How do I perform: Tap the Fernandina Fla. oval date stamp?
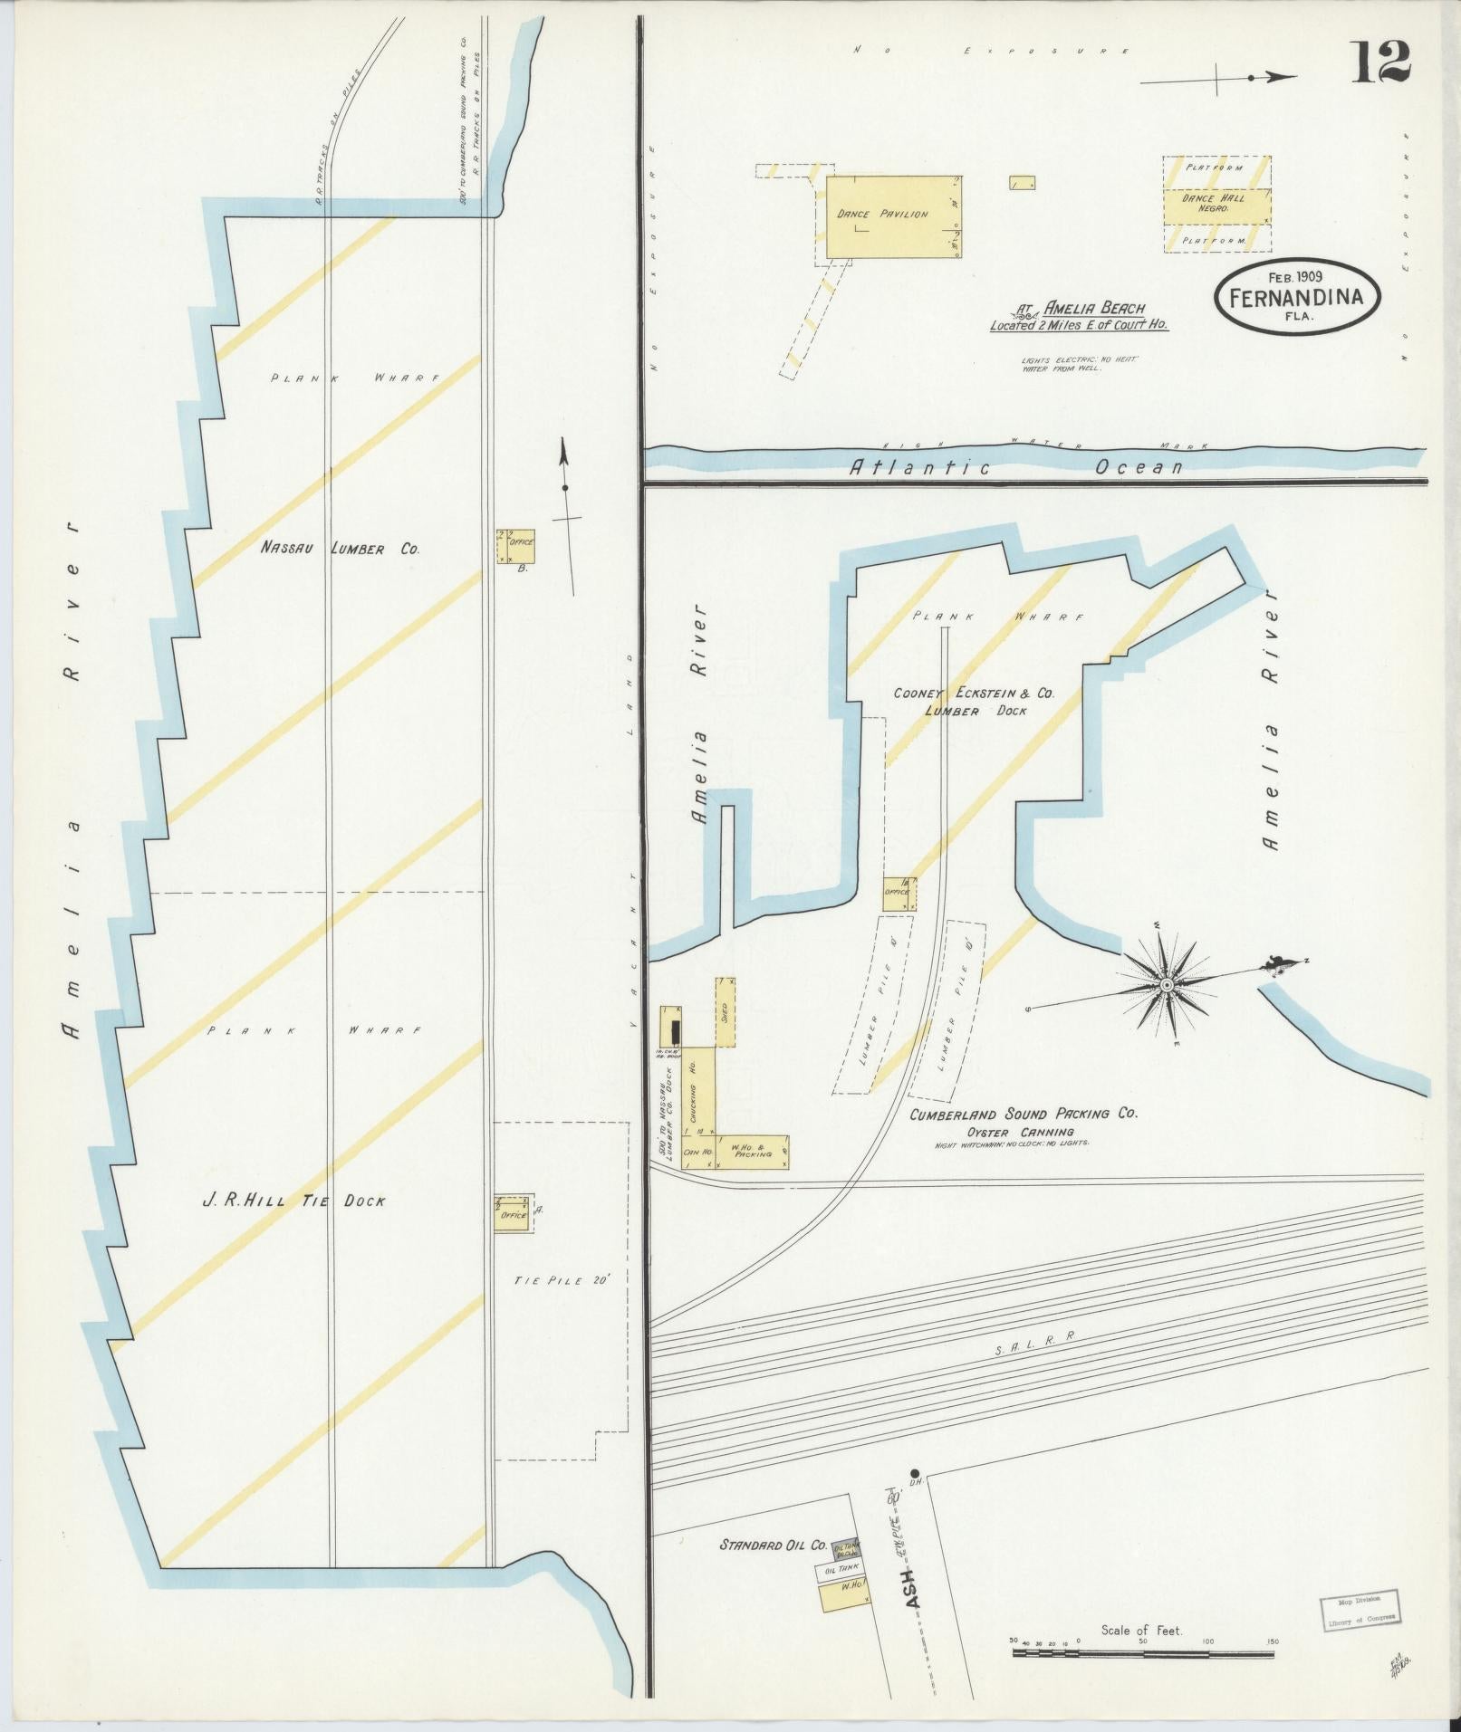(x=1299, y=297)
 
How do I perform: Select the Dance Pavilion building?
(x=891, y=215)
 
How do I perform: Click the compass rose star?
(x=1167, y=984)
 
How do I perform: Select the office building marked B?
(x=515, y=547)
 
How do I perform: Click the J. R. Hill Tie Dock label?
(x=293, y=1201)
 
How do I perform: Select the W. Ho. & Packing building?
(x=753, y=1150)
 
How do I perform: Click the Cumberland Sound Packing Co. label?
(x=1023, y=1115)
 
